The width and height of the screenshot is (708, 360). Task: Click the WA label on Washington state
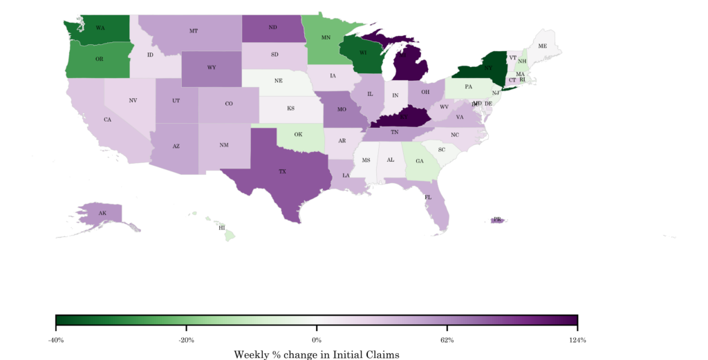(x=100, y=28)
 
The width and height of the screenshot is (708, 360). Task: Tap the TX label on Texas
(x=282, y=171)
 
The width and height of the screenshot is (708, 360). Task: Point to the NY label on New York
(x=488, y=68)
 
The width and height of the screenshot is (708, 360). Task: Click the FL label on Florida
(x=428, y=198)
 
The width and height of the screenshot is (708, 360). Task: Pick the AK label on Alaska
(x=102, y=214)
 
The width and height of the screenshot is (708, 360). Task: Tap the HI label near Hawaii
(x=222, y=227)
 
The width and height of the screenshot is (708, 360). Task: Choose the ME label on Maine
(x=542, y=46)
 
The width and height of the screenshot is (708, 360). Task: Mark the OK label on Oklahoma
(x=298, y=134)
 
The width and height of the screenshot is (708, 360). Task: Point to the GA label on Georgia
(x=419, y=161)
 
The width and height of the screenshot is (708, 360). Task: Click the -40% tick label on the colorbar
(x=55, y=340)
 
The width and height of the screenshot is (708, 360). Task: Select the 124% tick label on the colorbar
(x=577, y=340)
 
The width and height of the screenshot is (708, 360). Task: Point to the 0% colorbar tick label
(x=317, y=340)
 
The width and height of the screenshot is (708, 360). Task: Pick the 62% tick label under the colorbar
(x=447, y=340)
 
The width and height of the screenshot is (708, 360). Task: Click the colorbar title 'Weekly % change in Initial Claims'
(x=317, y=354)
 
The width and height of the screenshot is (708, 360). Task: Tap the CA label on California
(x=107, y=120)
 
